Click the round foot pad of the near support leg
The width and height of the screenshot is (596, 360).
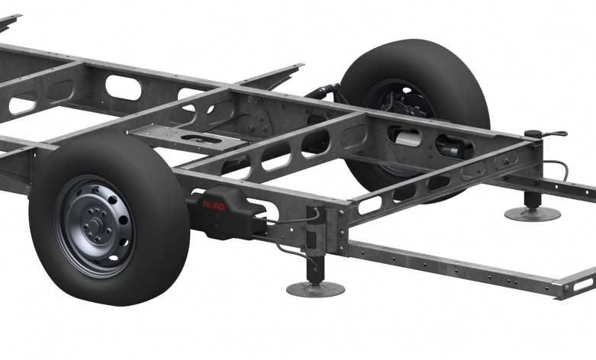314,288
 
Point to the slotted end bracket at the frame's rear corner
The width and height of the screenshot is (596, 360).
579,284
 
